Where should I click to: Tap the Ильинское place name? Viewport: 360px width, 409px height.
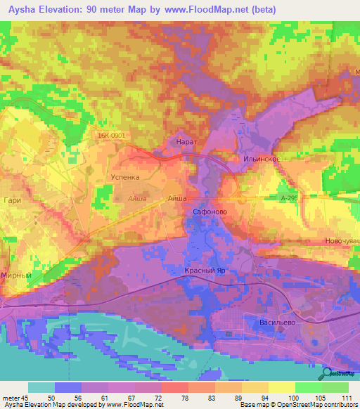coord(264,160)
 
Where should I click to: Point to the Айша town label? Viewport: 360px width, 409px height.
coord(177,199)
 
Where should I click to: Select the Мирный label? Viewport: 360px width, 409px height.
coord(17,276)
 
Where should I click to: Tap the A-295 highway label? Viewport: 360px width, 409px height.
coord(289,200)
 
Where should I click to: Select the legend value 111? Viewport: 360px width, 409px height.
coord(344,398)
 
